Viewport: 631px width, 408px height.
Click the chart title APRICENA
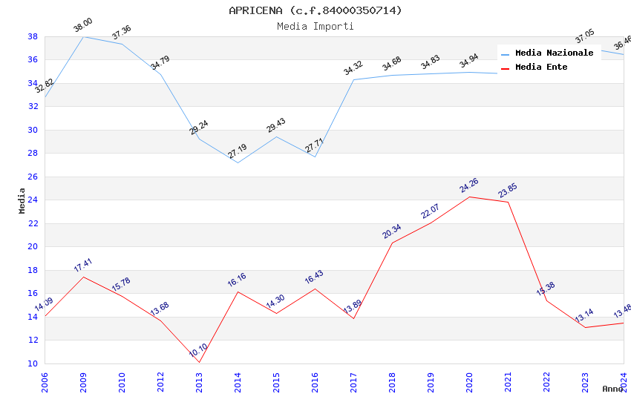click(x=315, y=10)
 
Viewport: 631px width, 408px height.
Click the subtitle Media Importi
click(x=315, y=26)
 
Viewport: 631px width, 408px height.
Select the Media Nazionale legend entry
click(x=554, y=53)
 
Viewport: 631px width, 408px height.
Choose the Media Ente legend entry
click(x=541, y=68)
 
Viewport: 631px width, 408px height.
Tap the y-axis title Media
click(x=22, y=200)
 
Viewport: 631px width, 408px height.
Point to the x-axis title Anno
click(x=612, y=389)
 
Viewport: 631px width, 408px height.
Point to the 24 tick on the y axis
click(x=33, y=200)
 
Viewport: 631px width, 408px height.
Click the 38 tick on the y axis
click(x=33, y=36)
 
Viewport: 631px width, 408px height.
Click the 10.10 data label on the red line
click(x=198, y=350)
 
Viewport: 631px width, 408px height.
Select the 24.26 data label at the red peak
click(x=469, y=185)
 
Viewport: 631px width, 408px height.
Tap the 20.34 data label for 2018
click(x=392, y=231)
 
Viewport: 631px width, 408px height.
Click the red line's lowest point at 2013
click(x=199, y=362)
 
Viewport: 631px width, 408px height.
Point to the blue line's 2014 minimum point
click(x=238, y=162)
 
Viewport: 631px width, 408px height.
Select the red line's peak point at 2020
click(x=469, y=197)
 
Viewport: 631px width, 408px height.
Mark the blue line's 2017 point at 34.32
click(x=353, y=79)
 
